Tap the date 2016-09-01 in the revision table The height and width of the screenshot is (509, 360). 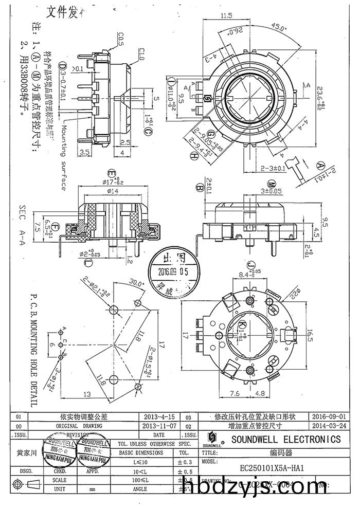[x=329, y=416]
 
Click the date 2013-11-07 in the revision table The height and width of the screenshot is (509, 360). [x=161, y=426]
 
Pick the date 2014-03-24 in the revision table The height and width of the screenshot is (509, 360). [x=329, y=426]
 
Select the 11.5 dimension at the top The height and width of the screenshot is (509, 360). [x=227, y=16]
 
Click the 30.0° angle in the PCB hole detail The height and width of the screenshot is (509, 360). [x=137, y=283]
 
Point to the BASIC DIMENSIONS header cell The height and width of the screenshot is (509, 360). [x=141, y=453]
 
